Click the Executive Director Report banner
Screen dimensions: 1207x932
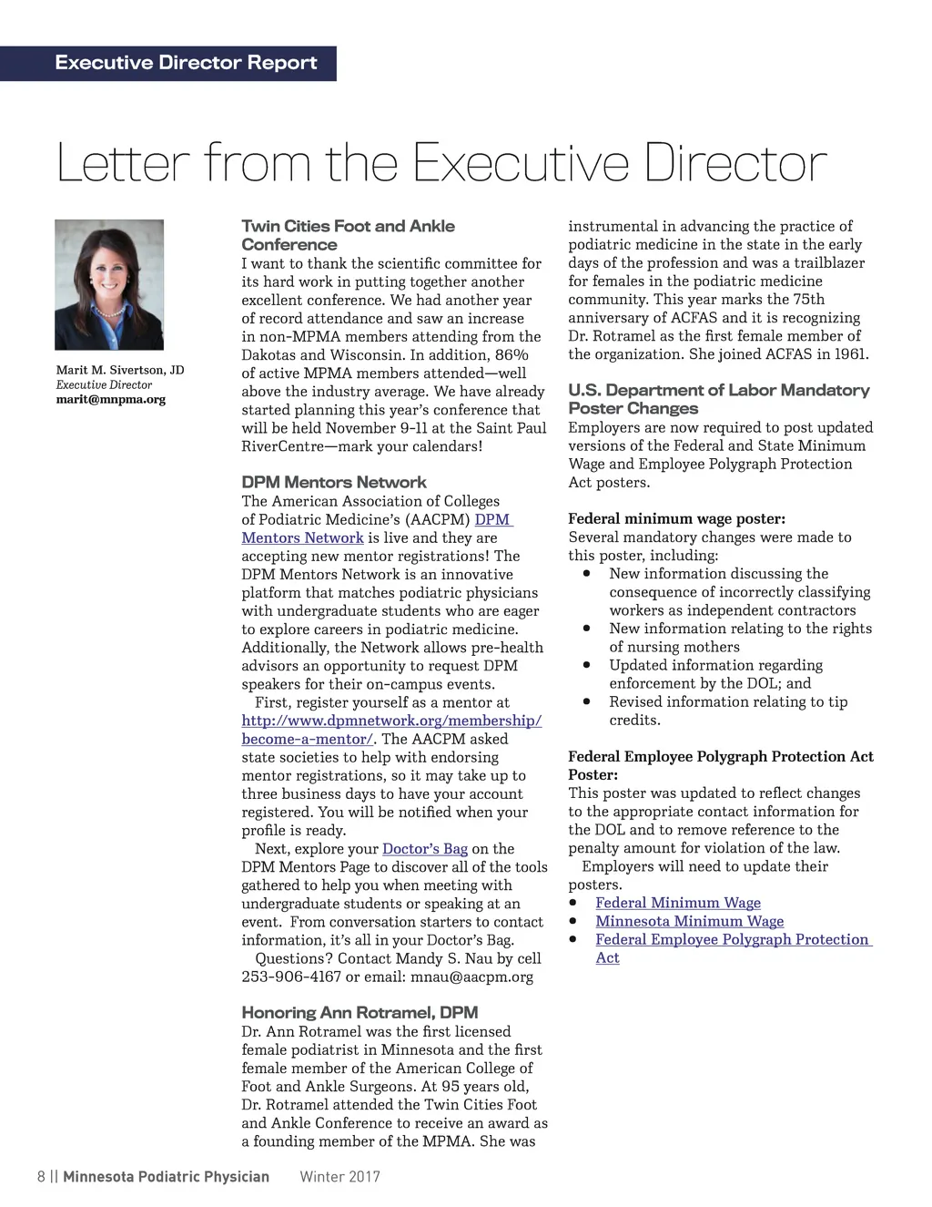186,63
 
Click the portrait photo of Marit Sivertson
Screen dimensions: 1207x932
109,284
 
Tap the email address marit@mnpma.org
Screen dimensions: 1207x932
111,399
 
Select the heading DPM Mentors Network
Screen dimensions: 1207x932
333,482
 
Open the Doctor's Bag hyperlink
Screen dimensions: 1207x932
424,849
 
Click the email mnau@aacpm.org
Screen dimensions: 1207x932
472,977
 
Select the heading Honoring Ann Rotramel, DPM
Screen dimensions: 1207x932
360,1012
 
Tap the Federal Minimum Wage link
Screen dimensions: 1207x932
678,903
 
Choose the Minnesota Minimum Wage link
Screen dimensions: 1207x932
689,921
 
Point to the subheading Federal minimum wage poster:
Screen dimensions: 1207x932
676,519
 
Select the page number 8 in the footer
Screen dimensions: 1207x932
41,1176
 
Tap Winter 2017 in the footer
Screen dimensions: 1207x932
339,1176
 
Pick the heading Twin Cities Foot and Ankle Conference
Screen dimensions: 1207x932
348,235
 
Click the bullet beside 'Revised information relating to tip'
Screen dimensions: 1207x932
588,701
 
